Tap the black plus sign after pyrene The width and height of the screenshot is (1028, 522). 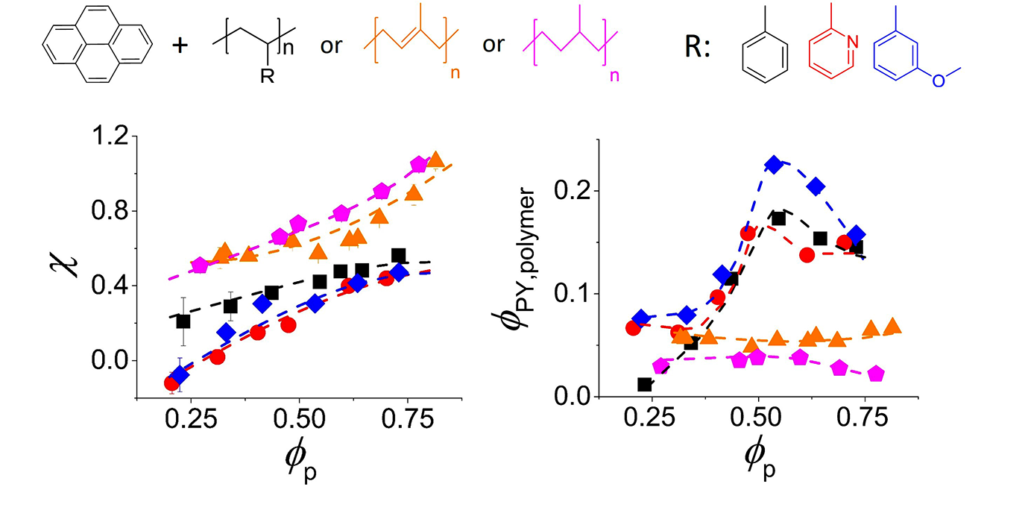point(179,45)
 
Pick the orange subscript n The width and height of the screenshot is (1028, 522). point(455,75)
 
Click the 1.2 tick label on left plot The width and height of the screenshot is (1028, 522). point(110,136)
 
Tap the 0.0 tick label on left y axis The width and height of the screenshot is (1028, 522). point(110,361)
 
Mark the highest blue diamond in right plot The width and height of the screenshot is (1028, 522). point(774,165)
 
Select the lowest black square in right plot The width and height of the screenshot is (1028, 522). point(645,385)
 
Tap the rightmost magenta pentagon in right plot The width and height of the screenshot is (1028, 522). point(876,373)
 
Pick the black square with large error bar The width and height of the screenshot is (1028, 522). point(183,321)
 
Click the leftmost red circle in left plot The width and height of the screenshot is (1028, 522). point(172,383)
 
